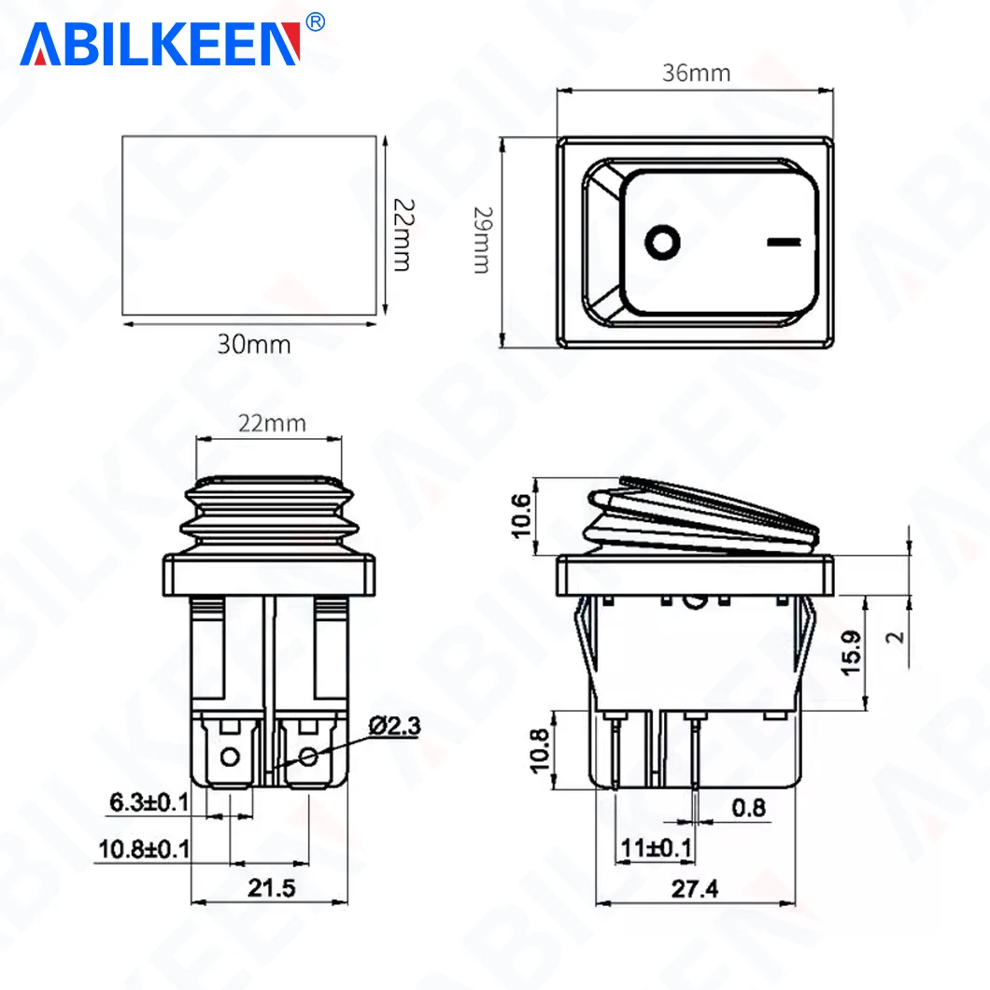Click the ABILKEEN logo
160,44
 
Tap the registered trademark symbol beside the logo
315,22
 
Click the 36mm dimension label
697,73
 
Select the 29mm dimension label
483,240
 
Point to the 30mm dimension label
254,345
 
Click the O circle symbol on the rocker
662,242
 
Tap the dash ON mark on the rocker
784,242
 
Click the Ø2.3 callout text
395,726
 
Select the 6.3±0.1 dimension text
149,802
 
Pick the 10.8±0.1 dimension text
144,849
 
